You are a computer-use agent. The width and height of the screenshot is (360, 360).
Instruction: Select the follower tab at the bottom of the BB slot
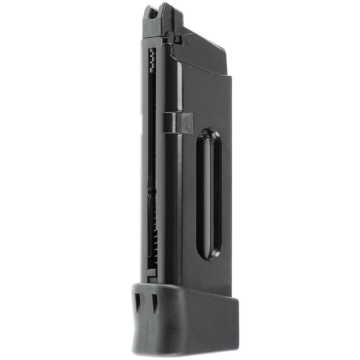pyautogui.click(x=152, y=273)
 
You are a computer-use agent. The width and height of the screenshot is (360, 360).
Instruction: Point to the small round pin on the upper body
pyautogui.click(x=189, y=42)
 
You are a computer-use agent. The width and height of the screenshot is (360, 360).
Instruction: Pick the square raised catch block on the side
pyautogui.click(x=187, y=123)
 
